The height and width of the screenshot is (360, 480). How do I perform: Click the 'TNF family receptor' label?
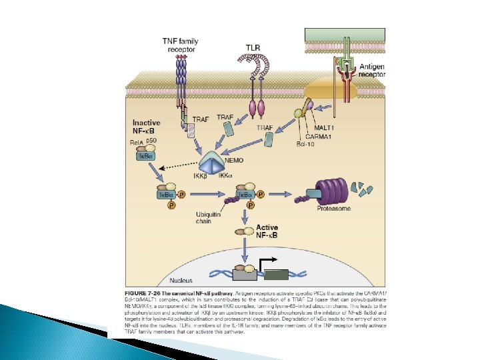[181, 45]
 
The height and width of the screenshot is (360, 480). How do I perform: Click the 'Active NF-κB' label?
[272, 231]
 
